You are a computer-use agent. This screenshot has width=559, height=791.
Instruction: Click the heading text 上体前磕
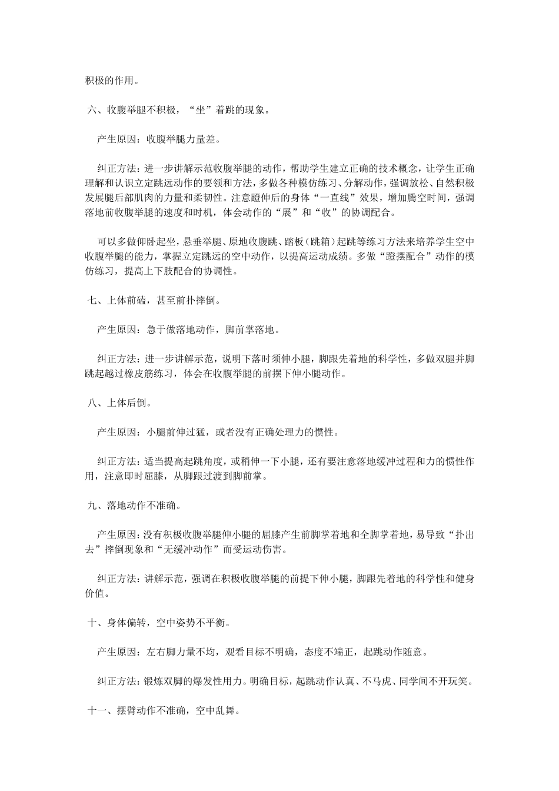(127, 301)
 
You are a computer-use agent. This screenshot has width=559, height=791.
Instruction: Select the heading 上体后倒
(127, 403)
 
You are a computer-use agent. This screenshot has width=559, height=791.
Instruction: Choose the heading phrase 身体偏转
(127, 623)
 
